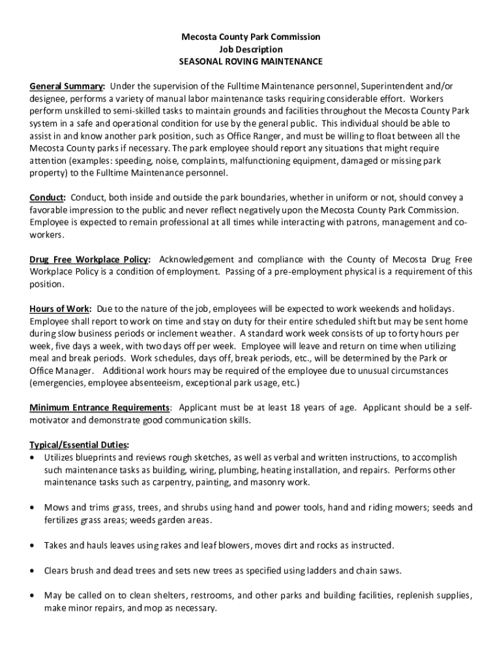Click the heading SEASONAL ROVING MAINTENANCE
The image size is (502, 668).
251,61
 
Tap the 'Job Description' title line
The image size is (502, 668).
251,50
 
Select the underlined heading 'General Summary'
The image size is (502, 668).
66,86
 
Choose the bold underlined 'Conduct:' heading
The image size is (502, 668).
48,198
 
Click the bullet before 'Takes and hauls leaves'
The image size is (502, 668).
33,545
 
